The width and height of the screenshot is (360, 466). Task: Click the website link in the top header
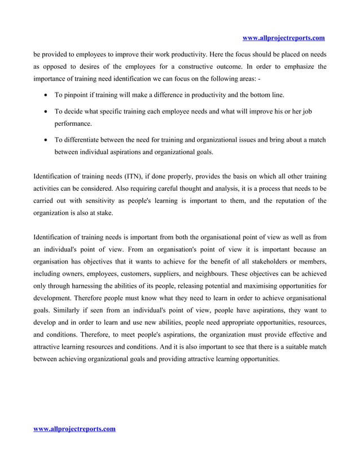283,38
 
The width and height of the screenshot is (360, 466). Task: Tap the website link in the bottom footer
74,429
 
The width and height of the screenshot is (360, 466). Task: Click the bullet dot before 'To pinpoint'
45,95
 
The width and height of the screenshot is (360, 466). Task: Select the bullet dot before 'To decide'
45,112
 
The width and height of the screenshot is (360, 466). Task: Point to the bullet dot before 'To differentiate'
45,139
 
